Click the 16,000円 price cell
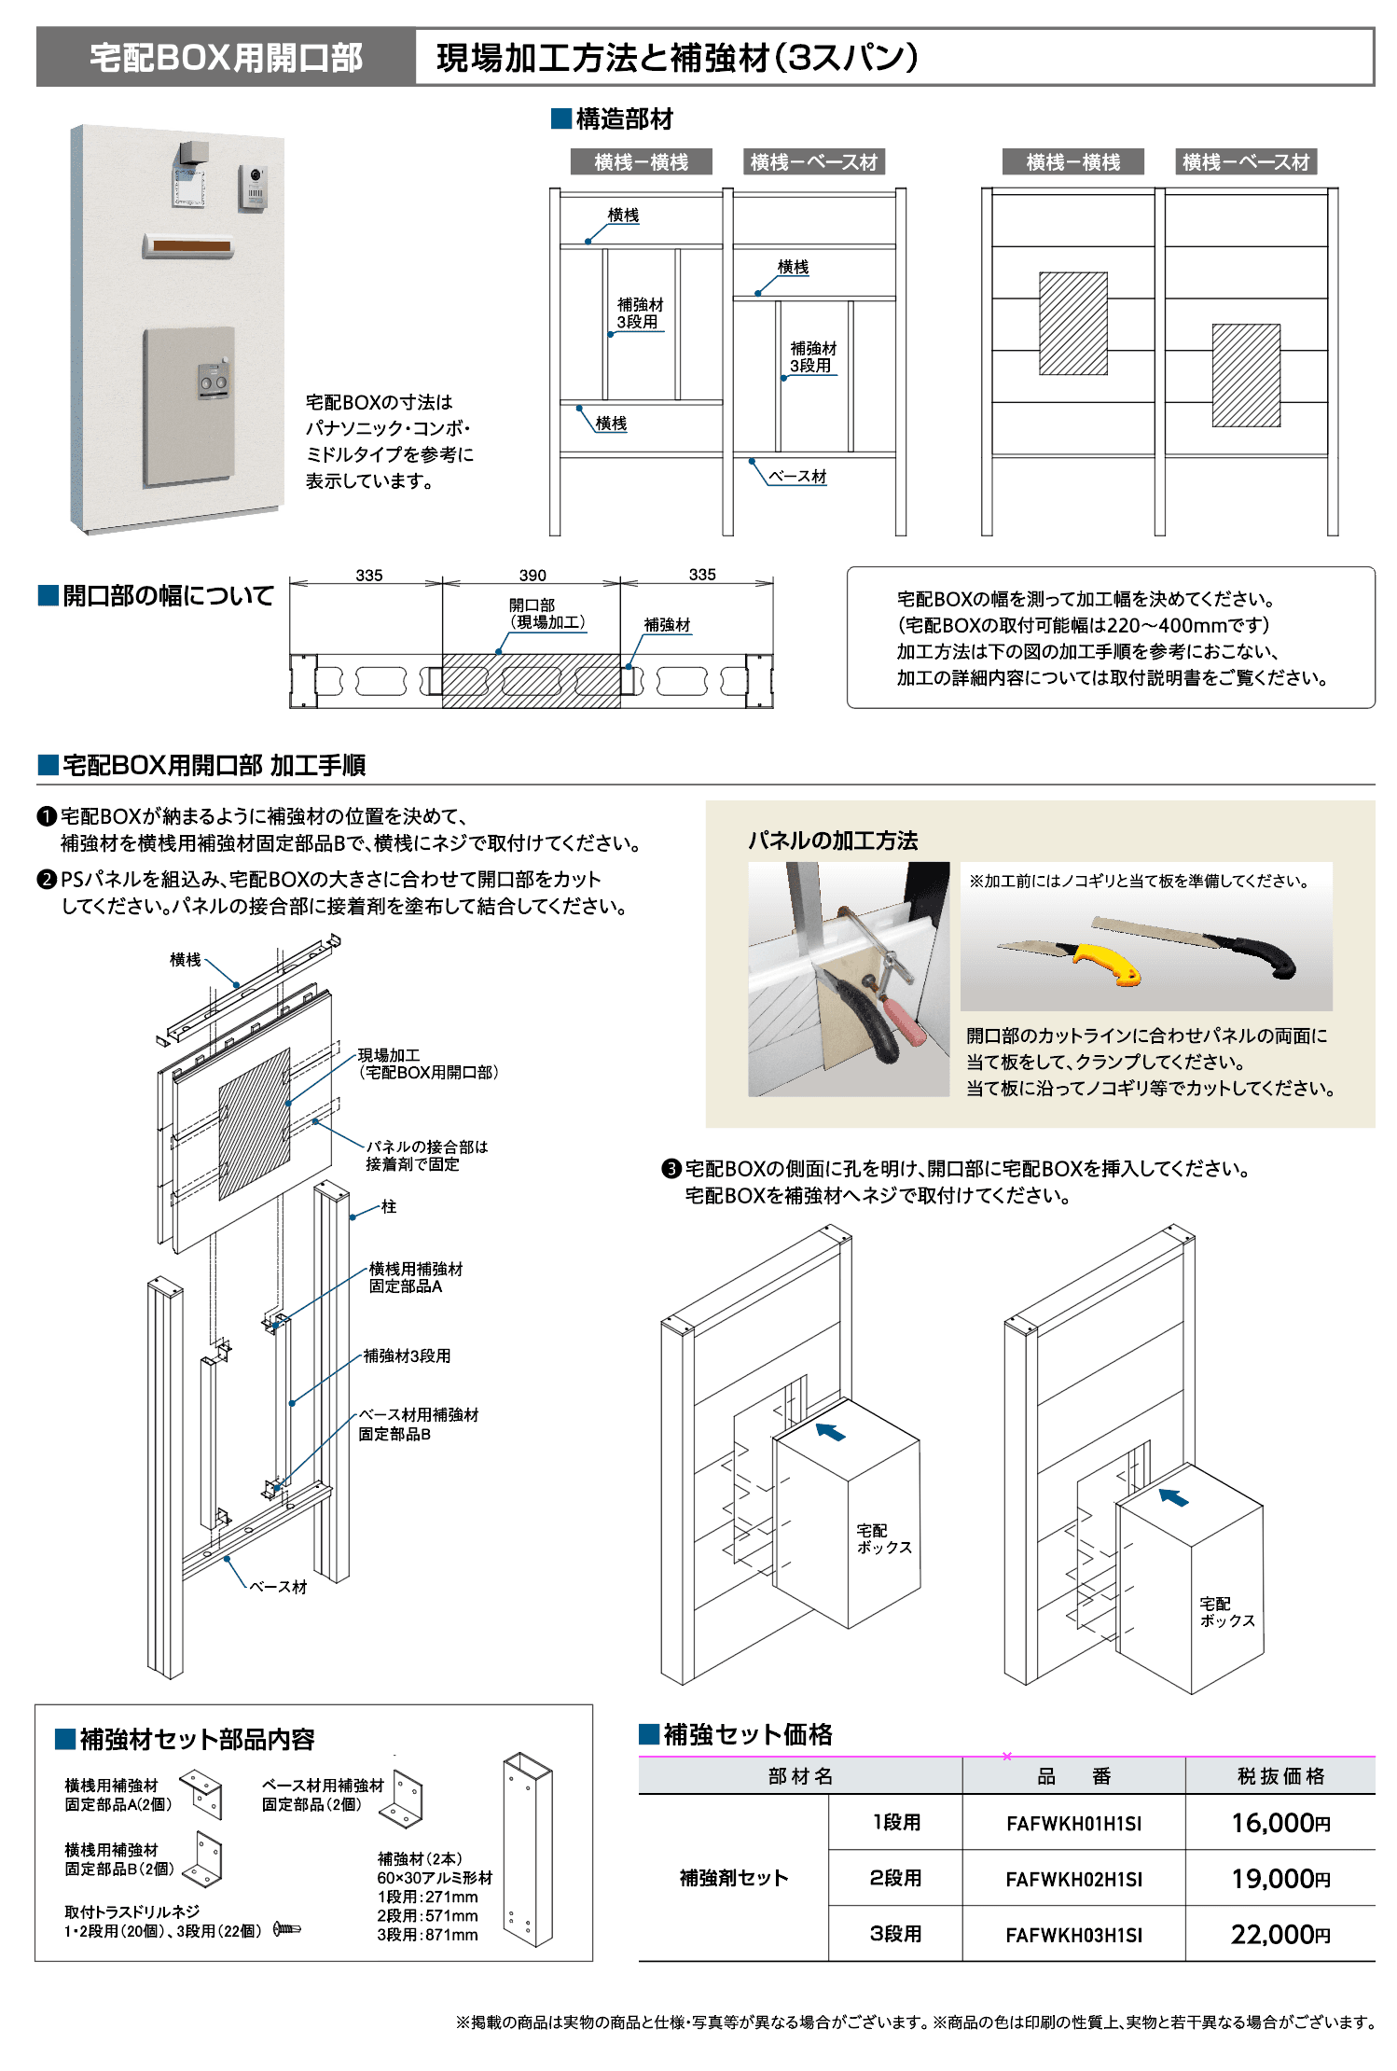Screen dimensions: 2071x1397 click(x=1279, y=1822)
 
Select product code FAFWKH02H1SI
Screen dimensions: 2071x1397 click(x=1072, y=1879)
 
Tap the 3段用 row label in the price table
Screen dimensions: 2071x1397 click(x=895, y=1934)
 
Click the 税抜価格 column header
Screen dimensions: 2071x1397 click(x=1279, y=1776)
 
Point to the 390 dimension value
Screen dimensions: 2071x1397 click(x=533, y=576)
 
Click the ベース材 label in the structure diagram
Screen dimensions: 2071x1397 click(x=797, y=476)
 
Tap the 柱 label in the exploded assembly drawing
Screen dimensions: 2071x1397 click(x=389, y=1206)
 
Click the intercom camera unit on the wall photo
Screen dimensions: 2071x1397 click(x=253, y=186)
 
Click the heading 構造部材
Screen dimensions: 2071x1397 click(x=623, y=119)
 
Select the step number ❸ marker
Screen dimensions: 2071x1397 click(x=671, y=1169)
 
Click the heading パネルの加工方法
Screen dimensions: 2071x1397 click(x=832, y=841)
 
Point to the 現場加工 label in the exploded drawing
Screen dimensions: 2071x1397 click(x=389, y=1055)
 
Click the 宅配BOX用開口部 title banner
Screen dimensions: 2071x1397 click(x=226, y=58)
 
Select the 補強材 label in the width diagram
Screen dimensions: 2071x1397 click(x=667, y=624)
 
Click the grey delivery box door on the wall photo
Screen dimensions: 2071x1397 click(x=188, y=406)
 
